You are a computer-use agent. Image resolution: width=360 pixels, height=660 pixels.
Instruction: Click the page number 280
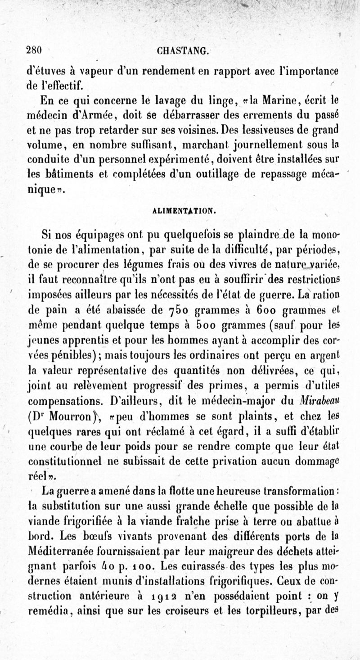tap(34, 50)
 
